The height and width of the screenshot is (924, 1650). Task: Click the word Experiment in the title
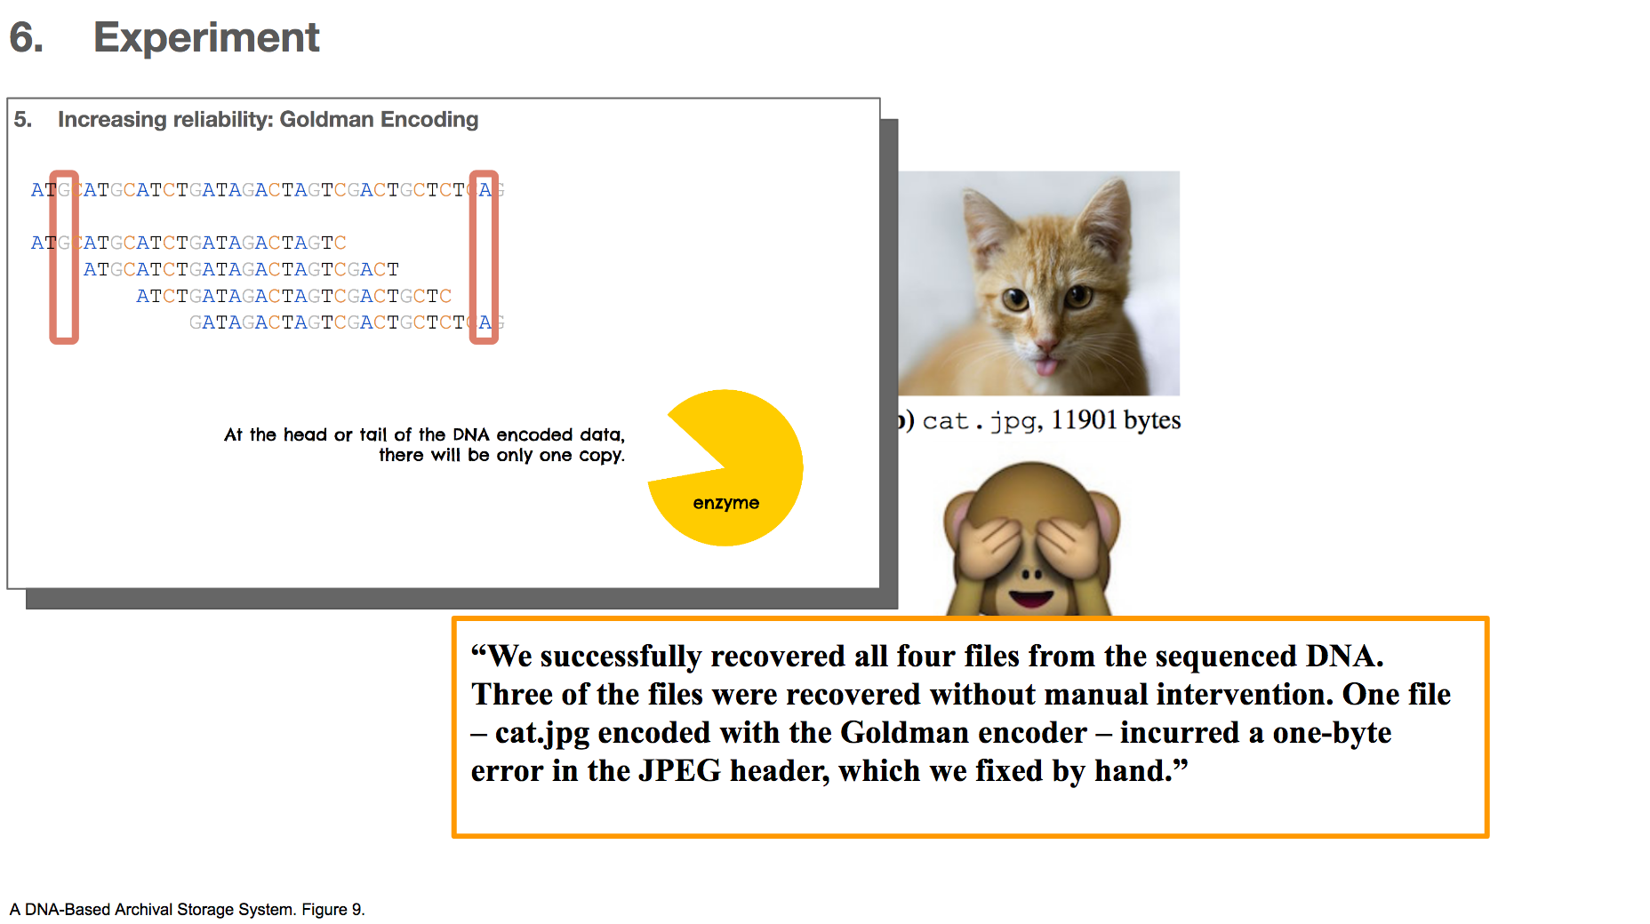206,38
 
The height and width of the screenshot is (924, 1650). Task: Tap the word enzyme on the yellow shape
726,503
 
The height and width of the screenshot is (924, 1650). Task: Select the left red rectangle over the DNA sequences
64,257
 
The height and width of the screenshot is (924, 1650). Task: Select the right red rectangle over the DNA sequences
484,257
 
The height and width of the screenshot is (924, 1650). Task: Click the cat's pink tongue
1047,364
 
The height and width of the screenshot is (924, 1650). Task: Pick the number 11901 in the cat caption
1084,419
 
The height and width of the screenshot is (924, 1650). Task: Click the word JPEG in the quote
680,770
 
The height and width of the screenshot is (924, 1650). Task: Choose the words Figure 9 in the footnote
333,910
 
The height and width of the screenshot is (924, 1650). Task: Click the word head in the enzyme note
305,434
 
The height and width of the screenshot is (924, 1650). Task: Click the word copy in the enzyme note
602,456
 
